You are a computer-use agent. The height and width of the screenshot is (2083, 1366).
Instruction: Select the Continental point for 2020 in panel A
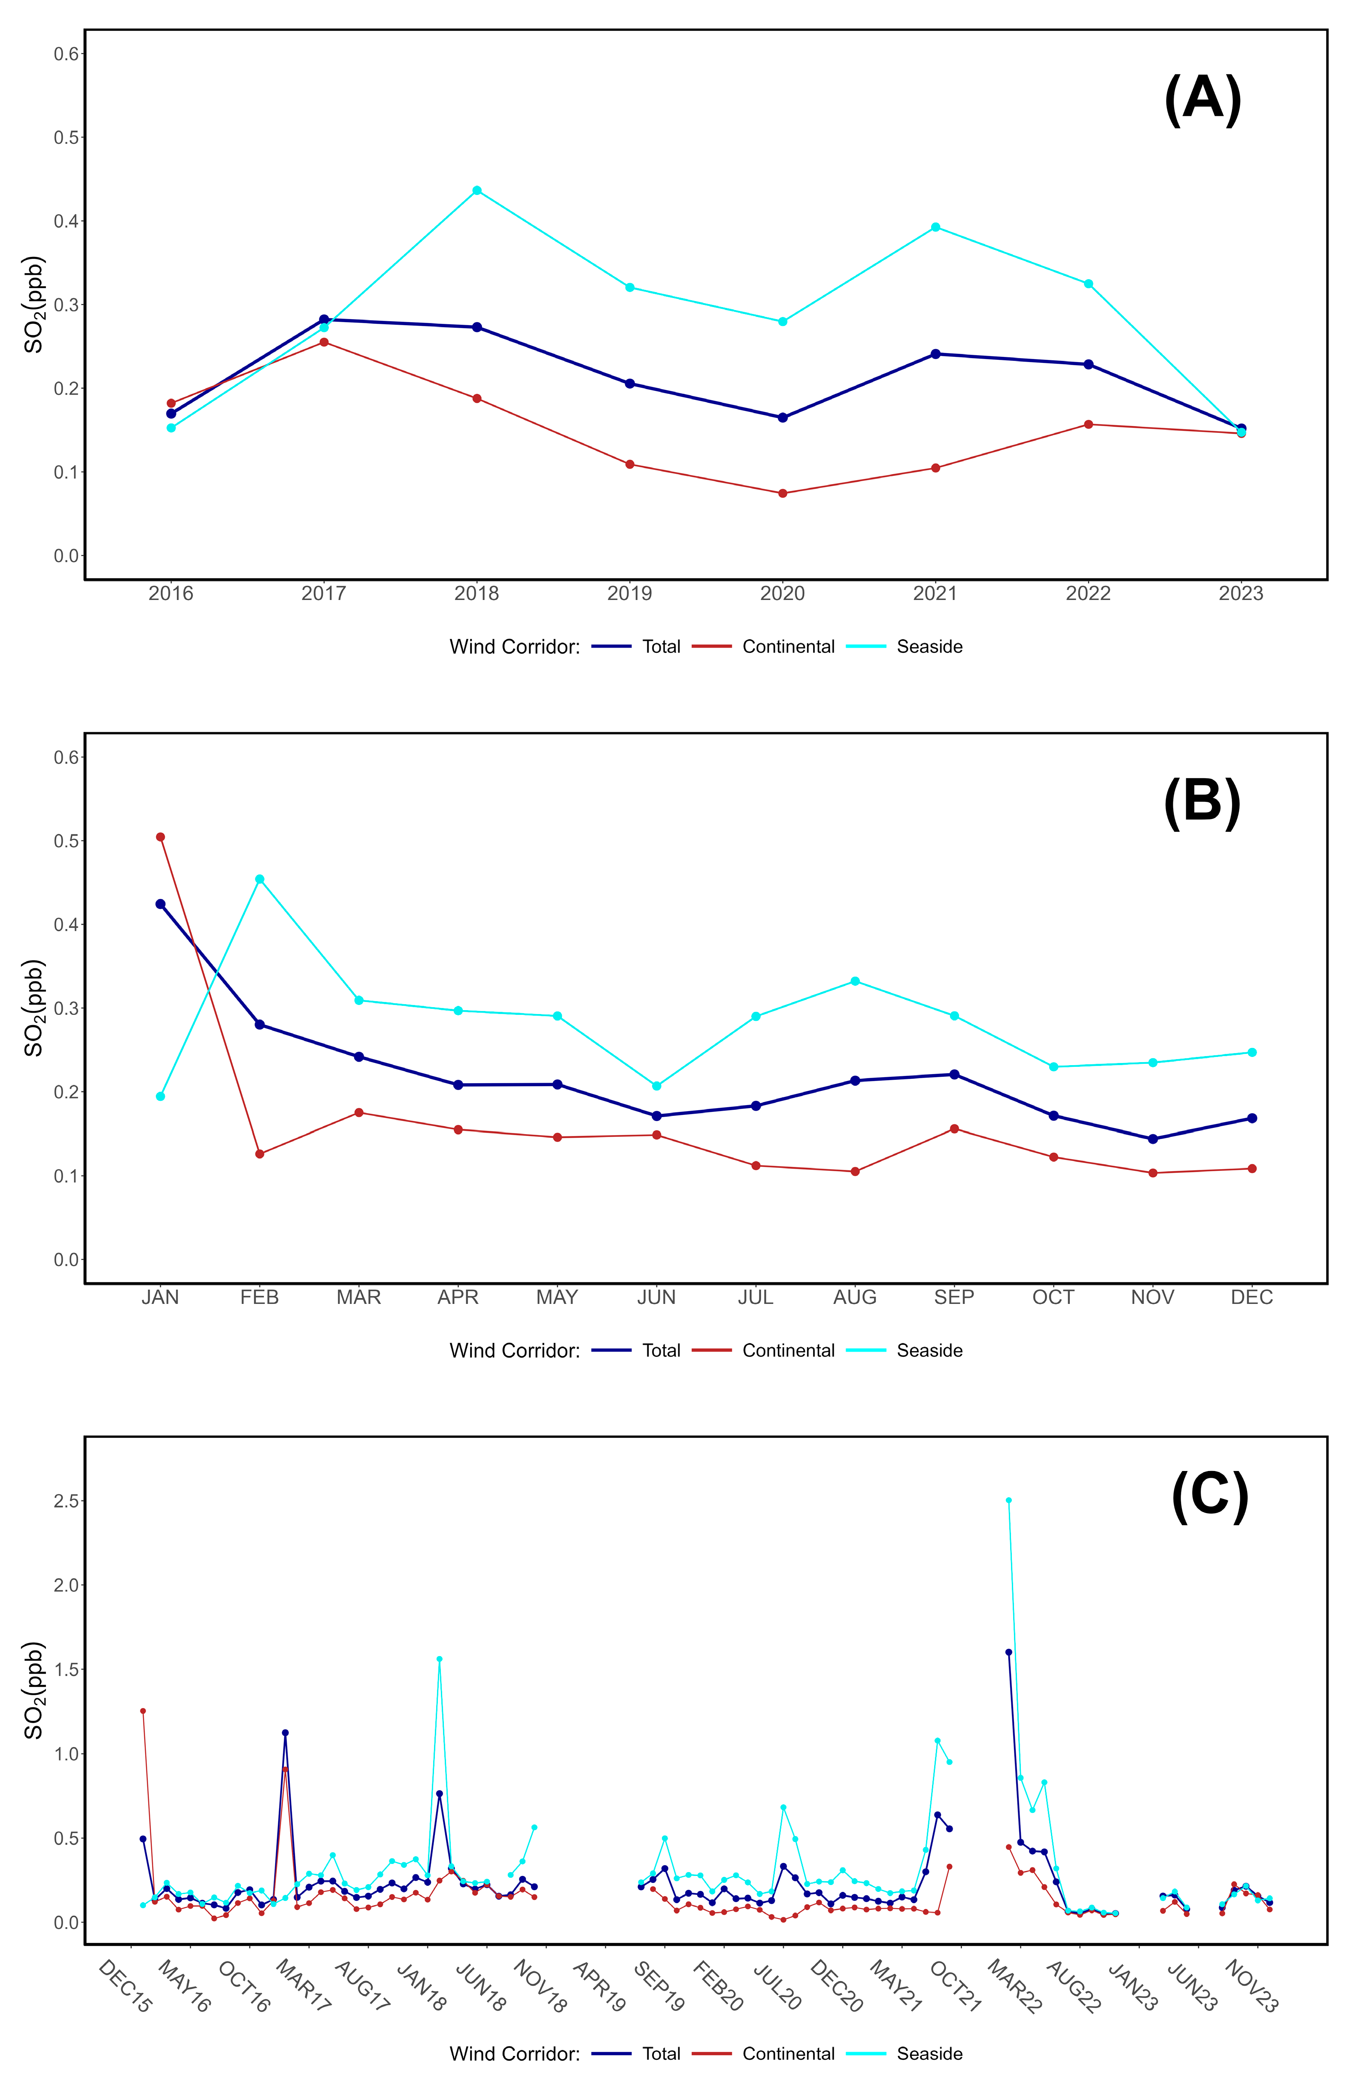[782, 493]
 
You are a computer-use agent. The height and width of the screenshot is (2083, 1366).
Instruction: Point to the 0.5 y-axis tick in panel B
[67, 841]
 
